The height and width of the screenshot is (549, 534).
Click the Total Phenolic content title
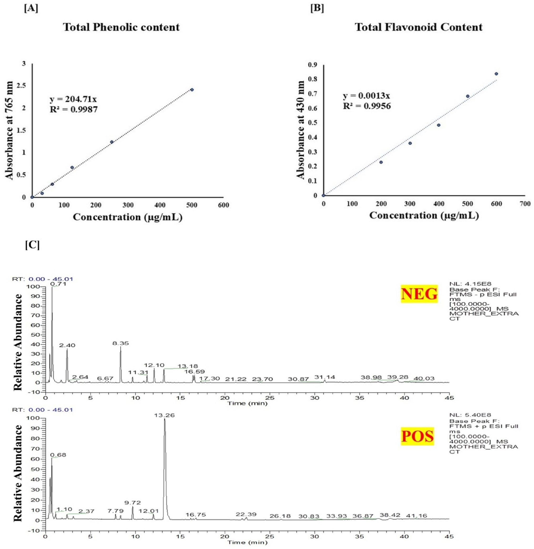[x=121, y=27]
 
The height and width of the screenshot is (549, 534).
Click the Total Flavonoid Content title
[x=419, y=27]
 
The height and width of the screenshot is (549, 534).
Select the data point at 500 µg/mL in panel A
[x=192, y=89]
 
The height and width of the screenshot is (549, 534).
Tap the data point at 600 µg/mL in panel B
[x=496, y=74]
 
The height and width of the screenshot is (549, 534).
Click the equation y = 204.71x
[x=73, y=99]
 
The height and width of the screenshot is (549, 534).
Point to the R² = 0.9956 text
[x=367, y=106]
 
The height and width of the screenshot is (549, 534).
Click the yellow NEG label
[x=419, y=294]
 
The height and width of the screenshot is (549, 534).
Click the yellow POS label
[x=417, y=436]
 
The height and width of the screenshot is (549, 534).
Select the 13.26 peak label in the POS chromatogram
[x=165, y=415]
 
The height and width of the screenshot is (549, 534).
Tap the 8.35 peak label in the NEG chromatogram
[x=121, y=343]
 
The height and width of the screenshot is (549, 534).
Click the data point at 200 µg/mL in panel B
[x=381, y=162]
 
